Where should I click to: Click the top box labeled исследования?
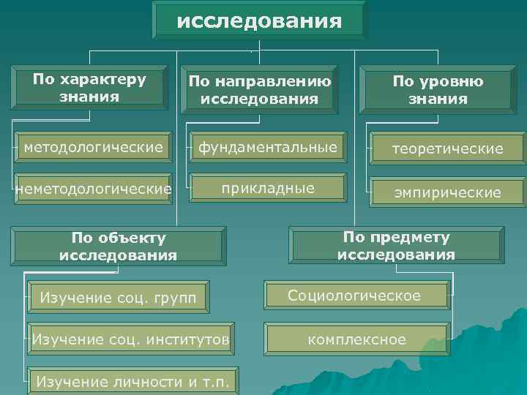point(259,20)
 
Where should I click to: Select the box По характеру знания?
point(89,87)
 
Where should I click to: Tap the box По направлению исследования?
point(259,90)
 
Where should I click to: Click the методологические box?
point(94,148)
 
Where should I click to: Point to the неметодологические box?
point(94,189)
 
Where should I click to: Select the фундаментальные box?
point(267,148)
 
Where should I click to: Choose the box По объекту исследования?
point(119,247)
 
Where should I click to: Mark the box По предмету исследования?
point(396,246)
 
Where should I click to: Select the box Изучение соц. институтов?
point(130,339)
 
